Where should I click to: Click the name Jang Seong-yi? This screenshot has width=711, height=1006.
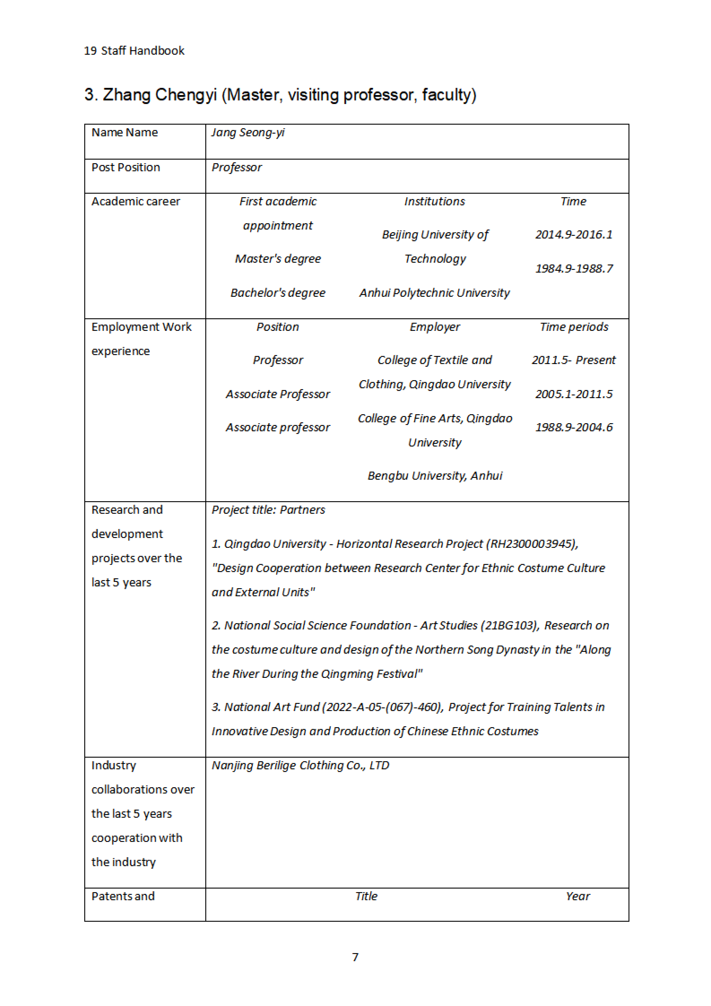tap(248, 132)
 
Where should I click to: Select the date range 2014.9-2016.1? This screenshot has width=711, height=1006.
tap(573, 234)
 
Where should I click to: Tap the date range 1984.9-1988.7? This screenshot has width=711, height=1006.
tap(573, 269)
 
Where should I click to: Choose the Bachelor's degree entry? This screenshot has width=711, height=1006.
tap(278, 293)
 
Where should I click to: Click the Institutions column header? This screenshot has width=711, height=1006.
tap(434, 202)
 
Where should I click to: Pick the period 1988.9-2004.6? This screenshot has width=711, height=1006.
tap(573, 427)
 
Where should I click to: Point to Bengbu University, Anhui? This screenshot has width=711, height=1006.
tap(435, 476)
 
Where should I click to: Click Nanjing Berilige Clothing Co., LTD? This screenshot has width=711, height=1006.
tap(300, 765)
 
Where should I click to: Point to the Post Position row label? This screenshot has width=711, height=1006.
tap(126, 167)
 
